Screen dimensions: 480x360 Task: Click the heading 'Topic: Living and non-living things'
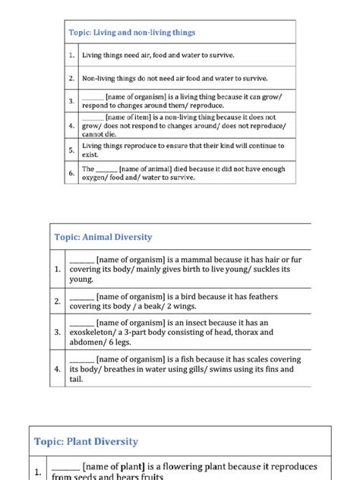132,33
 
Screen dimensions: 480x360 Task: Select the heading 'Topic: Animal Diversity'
103,237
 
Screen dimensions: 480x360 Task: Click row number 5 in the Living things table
71,150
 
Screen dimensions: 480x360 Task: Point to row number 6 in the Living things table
71,173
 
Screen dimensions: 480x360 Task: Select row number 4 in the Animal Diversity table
57,369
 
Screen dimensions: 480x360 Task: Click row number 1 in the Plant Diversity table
38,472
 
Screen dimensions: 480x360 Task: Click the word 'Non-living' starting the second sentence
99,78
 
